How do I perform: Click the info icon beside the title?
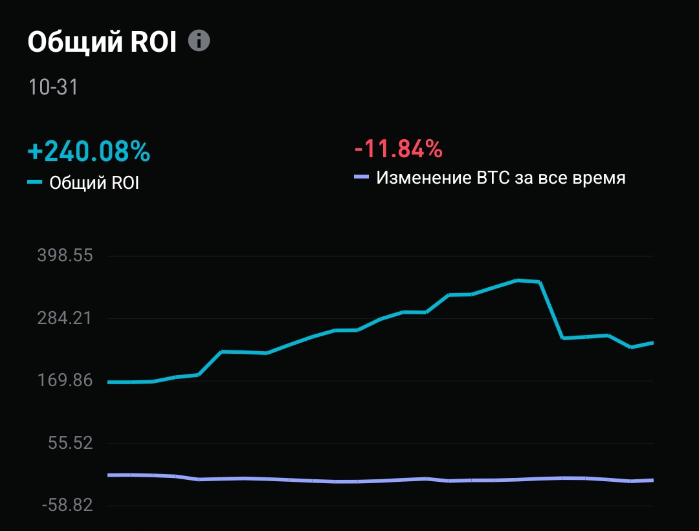tap(199, 41)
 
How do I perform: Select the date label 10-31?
tap(53, 87)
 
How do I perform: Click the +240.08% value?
tap(89, 152)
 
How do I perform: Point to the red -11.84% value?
tap(398, 149)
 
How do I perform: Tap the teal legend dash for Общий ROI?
tap(35, 182)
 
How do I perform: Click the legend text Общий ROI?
tap(94, 183)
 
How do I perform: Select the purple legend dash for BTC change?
tap(362, 177)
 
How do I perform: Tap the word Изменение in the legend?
tap(419, 177)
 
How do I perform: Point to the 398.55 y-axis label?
tap(74, 256)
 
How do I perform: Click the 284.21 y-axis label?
tap(74, 318)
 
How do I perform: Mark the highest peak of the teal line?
tap(517, 280)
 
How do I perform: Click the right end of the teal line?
tap(652, 343)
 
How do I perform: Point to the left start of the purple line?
tap(109, 475)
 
